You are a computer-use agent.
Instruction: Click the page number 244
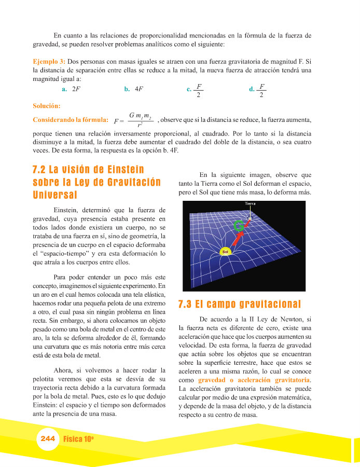tap(47, 438)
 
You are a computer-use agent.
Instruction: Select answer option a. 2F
tap(71, 89)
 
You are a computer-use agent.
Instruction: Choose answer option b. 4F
tap(134, 89)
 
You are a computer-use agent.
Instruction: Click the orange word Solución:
tap(46, 106)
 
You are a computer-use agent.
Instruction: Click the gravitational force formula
tap(132, 119)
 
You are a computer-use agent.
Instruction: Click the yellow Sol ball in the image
tap(225, 252)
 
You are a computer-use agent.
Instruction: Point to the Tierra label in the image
tap(251, 204)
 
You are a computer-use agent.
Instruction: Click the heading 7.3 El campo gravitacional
tap(239, 304)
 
